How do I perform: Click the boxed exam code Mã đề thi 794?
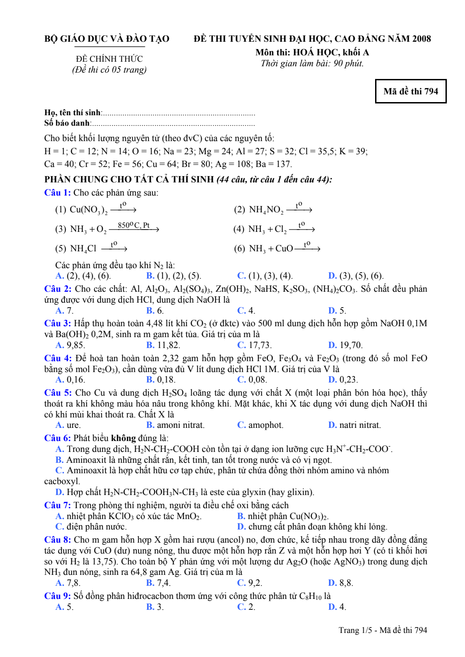pos(411,91)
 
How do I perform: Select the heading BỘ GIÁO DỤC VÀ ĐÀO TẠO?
pos(107,39)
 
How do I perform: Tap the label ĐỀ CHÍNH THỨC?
pos(109,59)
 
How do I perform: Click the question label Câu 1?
pos(57,193)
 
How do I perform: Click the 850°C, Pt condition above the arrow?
pos(134,225)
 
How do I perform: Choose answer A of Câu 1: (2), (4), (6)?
pos(83,276)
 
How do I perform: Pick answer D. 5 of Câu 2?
pos(337,311)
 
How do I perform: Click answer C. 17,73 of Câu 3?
pos(254,345)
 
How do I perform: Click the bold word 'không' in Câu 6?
pos(124,438)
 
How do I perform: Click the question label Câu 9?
pos(57,596)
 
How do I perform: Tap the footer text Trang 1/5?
pos(355,630)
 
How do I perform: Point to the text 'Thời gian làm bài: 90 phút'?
pos(312,64)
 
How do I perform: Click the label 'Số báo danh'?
pos(67,123)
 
